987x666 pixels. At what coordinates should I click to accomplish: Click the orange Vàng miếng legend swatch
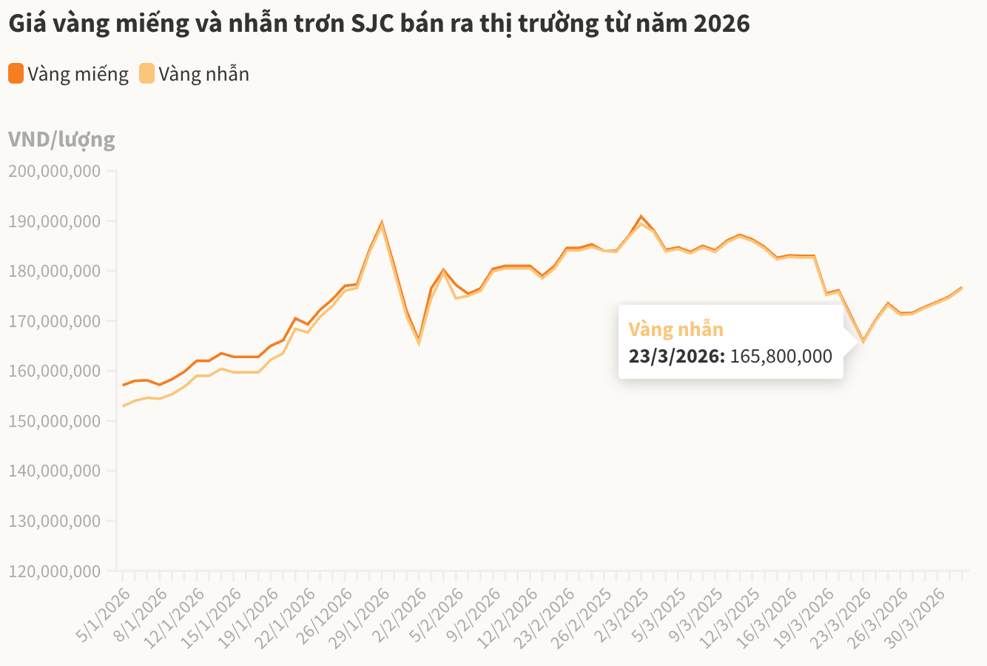click(16, 74)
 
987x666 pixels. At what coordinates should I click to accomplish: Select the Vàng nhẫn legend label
click(203, 74)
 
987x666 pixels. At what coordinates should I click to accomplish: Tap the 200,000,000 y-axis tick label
click(54, 172)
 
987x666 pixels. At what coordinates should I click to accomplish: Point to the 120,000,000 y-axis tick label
click(54, 571)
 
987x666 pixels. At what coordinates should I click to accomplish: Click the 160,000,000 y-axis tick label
click(54, 371)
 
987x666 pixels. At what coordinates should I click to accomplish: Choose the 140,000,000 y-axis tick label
click(54, 471)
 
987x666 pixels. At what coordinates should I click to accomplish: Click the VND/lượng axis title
click(61, 139)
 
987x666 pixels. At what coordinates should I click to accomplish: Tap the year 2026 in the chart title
click(722, 24)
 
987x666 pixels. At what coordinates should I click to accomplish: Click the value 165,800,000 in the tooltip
click(781, 356)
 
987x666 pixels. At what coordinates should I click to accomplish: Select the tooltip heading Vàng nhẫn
click(676, 329)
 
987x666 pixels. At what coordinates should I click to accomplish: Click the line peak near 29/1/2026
click(382, 222)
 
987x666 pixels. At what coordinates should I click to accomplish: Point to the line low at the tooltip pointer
click(863, 341)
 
